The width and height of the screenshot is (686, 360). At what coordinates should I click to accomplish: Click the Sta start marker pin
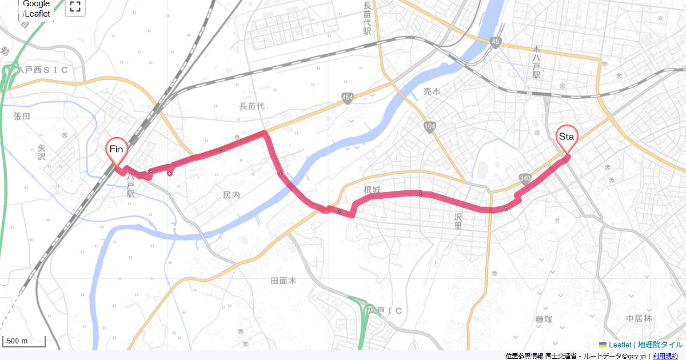click(567, 138)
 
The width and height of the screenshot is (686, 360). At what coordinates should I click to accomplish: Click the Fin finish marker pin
click(117, 150)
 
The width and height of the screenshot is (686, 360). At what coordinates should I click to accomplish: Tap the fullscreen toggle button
click(75, 7)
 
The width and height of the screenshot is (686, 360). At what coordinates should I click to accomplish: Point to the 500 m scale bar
click(24, 342)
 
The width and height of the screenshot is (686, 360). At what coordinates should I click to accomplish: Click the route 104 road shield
click(430, 126)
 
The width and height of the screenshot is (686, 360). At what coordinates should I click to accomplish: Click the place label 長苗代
click(252, 106)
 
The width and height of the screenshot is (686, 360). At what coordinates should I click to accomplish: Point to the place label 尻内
click(232, 195)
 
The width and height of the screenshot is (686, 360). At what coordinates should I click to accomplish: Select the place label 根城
click(372, 189)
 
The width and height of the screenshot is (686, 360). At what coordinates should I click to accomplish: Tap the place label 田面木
click(284, 281)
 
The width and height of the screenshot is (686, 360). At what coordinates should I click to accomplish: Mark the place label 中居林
click(639, 318)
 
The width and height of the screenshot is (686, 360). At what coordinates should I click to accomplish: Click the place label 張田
click(21, 115)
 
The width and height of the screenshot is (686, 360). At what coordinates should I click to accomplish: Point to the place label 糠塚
click(543, 319)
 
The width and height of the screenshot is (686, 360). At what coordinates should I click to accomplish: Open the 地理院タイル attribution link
click(660, 345)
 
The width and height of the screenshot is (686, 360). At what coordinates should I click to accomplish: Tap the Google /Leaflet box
click(37, 9)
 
